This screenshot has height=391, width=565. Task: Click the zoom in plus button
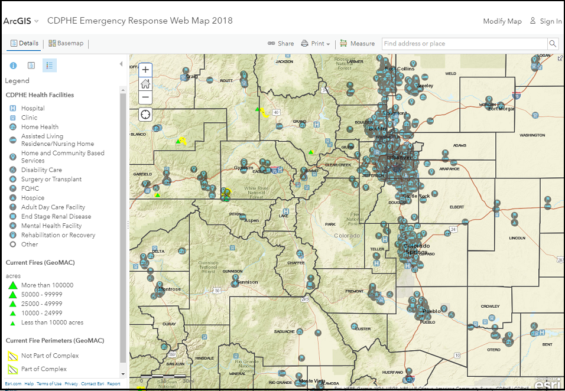[145, 70]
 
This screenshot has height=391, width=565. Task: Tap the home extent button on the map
[145, 83]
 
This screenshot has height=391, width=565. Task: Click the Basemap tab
[66, 43]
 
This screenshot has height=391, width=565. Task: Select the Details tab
[24, 43]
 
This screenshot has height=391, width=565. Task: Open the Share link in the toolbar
[281, 44]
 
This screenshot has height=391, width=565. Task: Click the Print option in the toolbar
[315, 44]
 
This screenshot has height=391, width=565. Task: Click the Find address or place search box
[465, 44]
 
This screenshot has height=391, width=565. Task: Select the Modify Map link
[502, 21]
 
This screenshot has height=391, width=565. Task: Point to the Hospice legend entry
[33, 198]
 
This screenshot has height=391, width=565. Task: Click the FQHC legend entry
[30, 188]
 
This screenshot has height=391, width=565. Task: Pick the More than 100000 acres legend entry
[47, 285]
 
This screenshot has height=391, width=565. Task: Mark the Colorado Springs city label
[417, 249]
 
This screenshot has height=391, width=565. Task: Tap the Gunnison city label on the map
[247, 282]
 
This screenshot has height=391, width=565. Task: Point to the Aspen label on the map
[252, 220]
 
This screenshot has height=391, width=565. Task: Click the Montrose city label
[168, 289]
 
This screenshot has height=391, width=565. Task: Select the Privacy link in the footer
[71, 384]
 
